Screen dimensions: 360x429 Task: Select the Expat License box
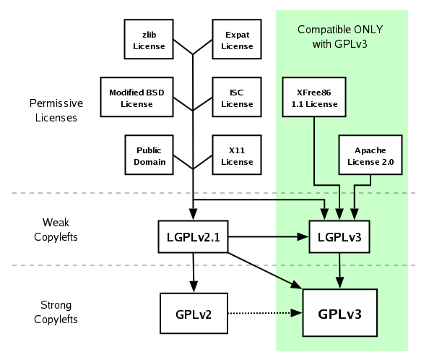coord(236,40)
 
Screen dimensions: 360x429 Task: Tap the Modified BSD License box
coord(136,98)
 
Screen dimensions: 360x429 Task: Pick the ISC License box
coord(236,98)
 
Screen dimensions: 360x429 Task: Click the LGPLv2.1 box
coord(193,236)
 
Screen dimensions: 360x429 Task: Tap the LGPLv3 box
coord(339,236)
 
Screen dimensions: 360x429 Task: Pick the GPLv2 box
coord(193,313)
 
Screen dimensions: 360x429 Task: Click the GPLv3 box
coord(339,313)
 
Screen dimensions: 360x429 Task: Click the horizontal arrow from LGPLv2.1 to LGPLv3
coord(267,236)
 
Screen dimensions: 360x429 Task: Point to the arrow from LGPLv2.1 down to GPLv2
coord(193,271)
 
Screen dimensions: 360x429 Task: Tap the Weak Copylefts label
coord(56,229)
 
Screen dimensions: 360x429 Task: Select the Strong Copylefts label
coord(56,312)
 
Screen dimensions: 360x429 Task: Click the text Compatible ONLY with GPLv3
coord(340,37)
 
